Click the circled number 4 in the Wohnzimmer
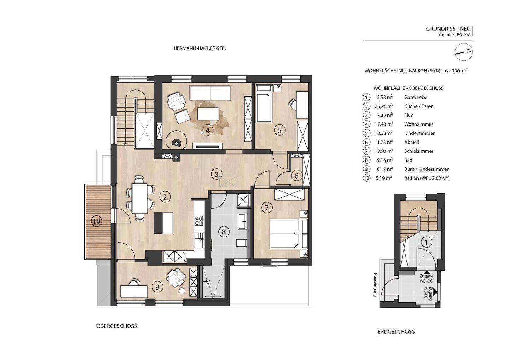(207, 130)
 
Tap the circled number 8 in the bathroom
(224, 232)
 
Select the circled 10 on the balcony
(97, 221)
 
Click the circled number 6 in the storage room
(296, 176)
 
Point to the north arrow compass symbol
(464, 52)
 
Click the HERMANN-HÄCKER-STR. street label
(200, 48)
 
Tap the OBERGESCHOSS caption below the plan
(117, 326)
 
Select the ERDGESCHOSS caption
(396, 332)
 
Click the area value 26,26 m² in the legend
(384, 106)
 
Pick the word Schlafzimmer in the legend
(419, 151)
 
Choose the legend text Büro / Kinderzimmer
(426, 169)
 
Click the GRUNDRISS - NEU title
(447, 29)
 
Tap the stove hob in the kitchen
(199, 220)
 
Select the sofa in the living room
(210, 93)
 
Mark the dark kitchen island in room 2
(163, 223)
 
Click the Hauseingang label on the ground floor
(375, 285)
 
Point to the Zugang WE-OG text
(427, 279)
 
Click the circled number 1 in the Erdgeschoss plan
(426, 243)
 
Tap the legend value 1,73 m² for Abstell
(385, 142)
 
